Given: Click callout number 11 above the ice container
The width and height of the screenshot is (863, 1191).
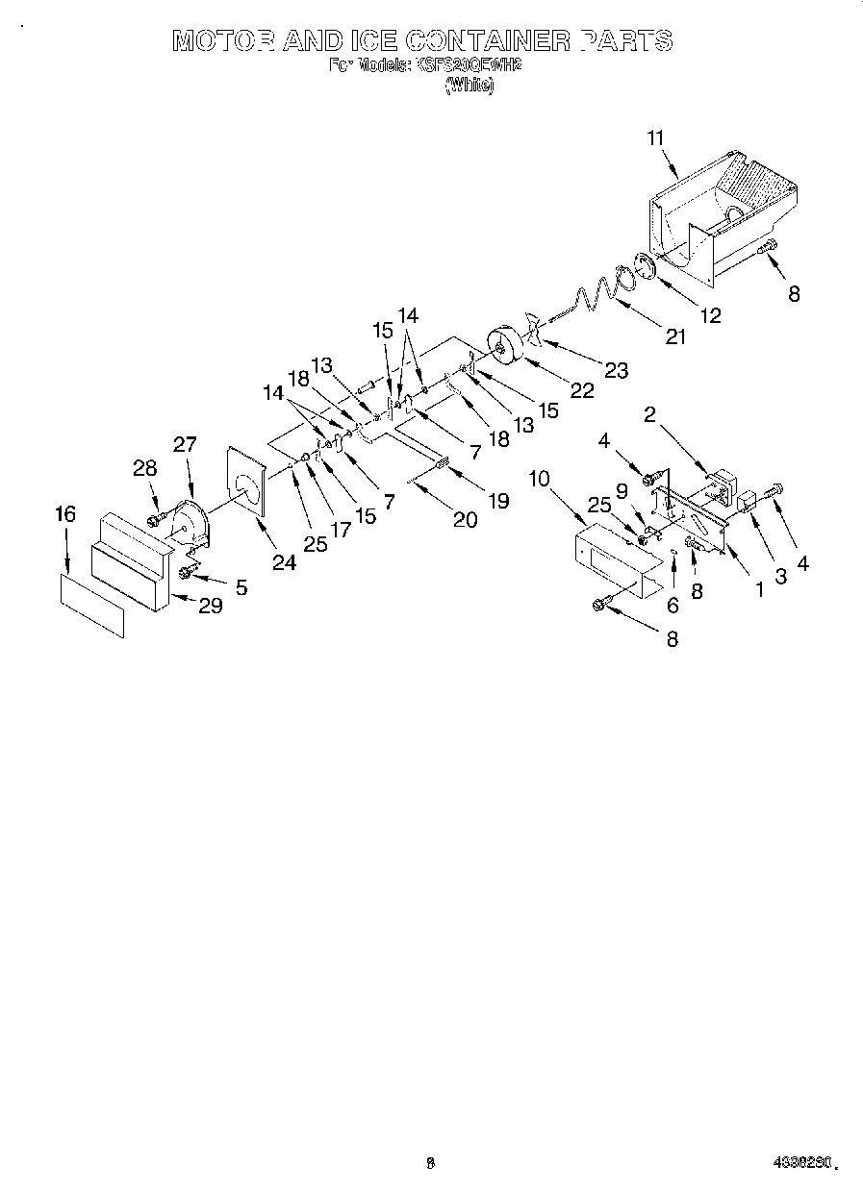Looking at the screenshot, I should click(x=655, y=138).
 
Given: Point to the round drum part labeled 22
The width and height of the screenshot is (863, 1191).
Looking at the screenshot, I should click(x=504, y=347).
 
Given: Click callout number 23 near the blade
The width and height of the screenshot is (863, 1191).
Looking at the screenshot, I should click(x=617, y=370).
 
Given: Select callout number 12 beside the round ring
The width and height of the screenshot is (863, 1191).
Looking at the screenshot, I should click(x=710, y=313).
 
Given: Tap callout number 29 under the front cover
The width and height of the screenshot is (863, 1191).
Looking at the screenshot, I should click(x=211, y=606).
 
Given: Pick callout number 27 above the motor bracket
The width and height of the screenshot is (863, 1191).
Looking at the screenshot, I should click(x=185, y=444).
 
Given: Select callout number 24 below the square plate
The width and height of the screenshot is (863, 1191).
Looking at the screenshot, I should click(x=284, y=563).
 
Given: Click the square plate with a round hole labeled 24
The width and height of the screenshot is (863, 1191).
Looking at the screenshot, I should click(x=246, y=482).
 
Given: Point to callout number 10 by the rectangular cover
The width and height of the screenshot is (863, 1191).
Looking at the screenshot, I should click(x=539, y=478).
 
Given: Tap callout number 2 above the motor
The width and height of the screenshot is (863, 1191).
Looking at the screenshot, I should click(x=650, y=414).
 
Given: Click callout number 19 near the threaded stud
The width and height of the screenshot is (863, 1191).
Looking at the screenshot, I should click(x=498, y=500).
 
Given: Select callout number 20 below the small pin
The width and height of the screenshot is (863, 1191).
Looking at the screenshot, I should click(x=465, y=520).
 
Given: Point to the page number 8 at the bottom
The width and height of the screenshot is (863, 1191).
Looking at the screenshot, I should click(x=430, y=1164).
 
